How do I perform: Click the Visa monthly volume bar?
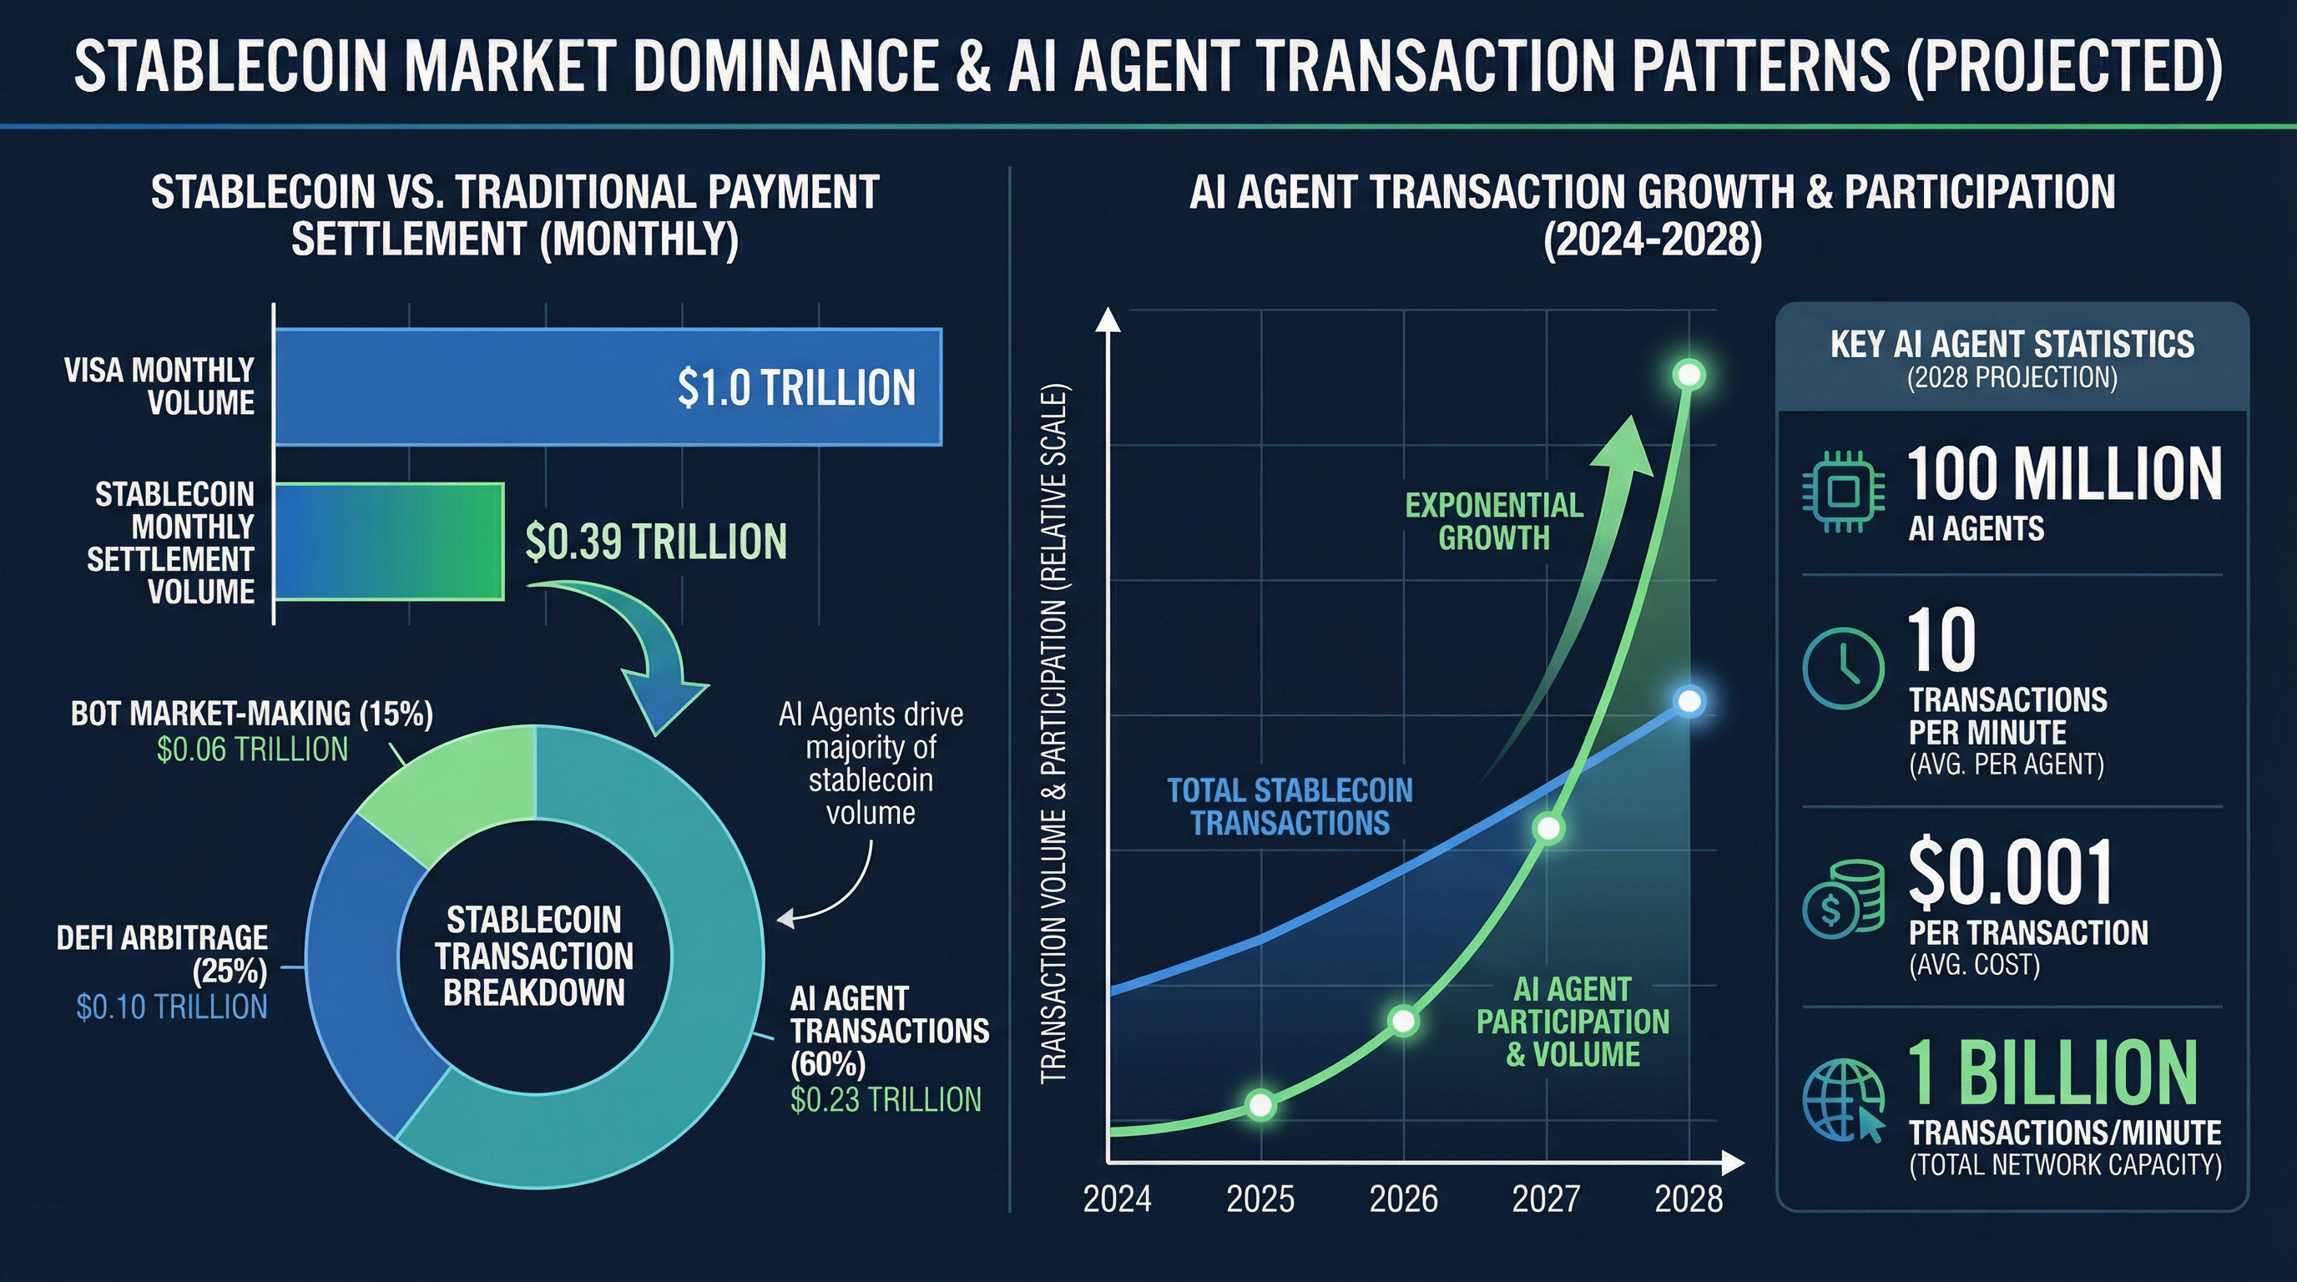[606, 387]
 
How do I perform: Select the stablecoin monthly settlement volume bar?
[389, 541]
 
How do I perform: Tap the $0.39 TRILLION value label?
[655, 542]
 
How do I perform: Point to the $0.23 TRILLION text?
[886, 1099]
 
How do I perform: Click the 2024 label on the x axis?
[1117, 1199]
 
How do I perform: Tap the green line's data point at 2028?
[1689, 375]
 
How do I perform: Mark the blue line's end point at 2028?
[1689, 702]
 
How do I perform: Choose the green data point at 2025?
[1260, 1104]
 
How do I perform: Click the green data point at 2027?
[1549, 828]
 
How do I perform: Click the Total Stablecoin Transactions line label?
[1290, 806]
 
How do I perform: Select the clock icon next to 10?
[1843, 668]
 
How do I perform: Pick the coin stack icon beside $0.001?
[1843, 900]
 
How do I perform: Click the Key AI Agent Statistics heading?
[2012, 345]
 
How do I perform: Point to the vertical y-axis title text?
[1054, 733]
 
